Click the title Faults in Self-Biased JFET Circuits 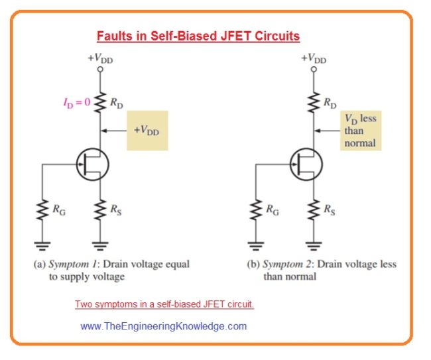point(198,36)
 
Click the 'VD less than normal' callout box point(359,131)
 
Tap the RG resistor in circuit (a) point(43,210)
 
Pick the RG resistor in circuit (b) point(257,210)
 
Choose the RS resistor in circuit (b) point(314,210)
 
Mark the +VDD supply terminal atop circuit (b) point(314,68)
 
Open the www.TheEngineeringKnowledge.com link point(163,326)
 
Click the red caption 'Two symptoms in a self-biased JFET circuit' point(164,304)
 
